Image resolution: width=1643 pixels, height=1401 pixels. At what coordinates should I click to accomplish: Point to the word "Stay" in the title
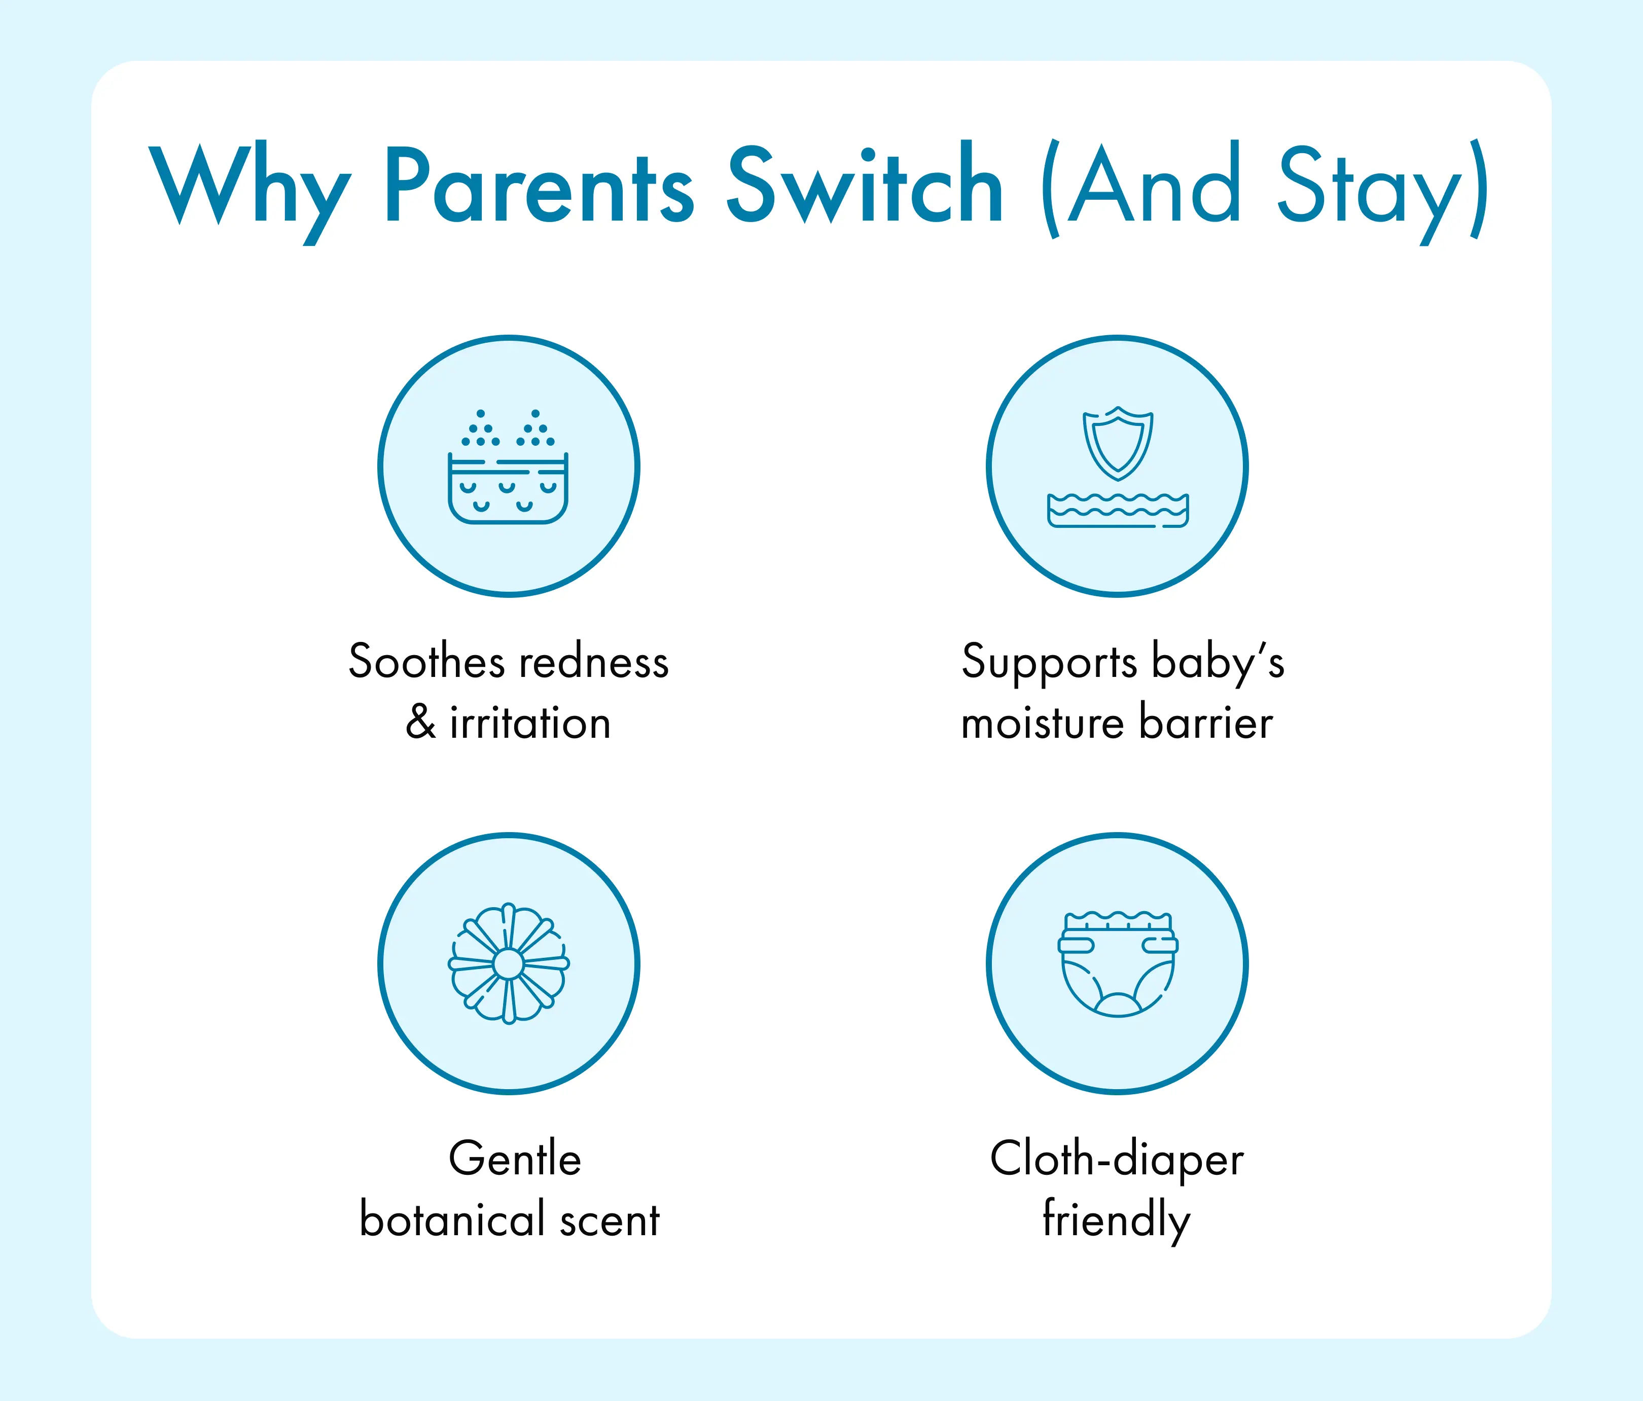click(x=1370, y=193)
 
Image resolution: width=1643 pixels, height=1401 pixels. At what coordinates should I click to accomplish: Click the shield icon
click(x=1118, y=443)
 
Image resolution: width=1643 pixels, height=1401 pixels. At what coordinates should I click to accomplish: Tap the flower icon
click(x=508, y=963)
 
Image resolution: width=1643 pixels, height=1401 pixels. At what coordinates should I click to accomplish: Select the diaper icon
click(x=1118, y=964)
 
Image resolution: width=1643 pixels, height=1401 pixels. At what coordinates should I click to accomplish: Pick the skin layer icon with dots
click(x=508, y=466)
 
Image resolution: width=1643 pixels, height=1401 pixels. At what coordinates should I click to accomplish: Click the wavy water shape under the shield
click(x=1118, y=510)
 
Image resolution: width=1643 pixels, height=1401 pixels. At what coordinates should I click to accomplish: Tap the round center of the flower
click(x=508, y=964)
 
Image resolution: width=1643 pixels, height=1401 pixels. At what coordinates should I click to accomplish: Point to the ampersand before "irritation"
click(x=420, y=723)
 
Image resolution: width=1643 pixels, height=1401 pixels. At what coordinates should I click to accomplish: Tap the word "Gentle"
click(x=515, y=1159)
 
